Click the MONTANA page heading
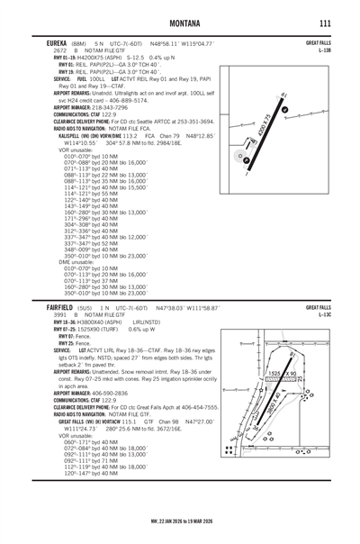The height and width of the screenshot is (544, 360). pyautogui.click(x=181, y=21)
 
